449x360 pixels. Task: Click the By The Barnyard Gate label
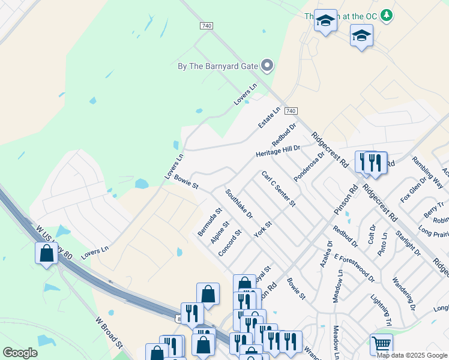click(x=218, y=66)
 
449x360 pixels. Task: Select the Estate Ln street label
click(x=269, y=117)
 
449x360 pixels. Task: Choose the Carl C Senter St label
click(x=278, y=188)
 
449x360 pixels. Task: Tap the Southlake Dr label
click(x=239, y=204)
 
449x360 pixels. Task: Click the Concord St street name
click(x=229, y=243)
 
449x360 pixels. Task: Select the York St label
click(x=263, y=229)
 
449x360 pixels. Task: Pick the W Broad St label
click(x=109, y=332)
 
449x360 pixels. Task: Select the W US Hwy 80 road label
click(x=54, y=242)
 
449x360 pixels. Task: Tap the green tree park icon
click(x=388, y=14)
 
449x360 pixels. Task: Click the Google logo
click(x=20, y=353)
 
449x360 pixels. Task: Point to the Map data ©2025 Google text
click(x=412, y=355)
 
